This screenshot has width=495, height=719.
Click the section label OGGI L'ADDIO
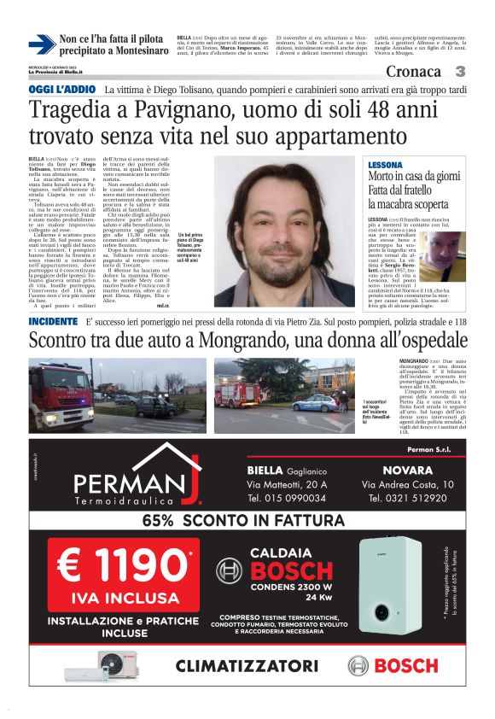click(x=61, y=90)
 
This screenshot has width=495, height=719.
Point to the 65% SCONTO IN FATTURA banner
click(x=247, y=520)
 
